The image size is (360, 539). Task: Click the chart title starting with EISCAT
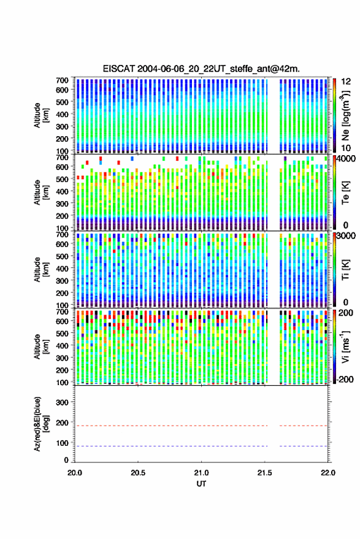[x=201, y=69]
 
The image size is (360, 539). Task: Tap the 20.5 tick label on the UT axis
[x=138, y=473]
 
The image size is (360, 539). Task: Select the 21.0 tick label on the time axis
[x=201, y=473]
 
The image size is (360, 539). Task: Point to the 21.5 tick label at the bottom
[x=264, y=473]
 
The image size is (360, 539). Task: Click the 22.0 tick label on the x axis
[x=327, y=473]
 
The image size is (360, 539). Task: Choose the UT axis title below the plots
[x=201, y=484]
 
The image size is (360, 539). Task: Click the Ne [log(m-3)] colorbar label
[x=345, y=116]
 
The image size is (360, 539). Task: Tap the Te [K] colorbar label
[x=345, y=193]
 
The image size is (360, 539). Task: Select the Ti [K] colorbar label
[x=345, y=270]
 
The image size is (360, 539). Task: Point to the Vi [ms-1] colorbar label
[x=345, y=346]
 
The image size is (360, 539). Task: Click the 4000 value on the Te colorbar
[x=347, y=159]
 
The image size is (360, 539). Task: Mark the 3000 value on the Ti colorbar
[x=347, y=236]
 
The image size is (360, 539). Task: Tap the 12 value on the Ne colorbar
[x=346, y=82]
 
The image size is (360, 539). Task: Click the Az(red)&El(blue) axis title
[x=41, y=424]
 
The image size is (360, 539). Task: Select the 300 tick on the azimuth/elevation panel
[x=62, y=402]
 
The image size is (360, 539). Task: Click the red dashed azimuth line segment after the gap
[x=303, y=426]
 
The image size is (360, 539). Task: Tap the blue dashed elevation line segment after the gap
[x=303, y=446]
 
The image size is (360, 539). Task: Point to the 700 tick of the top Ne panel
[x=62, y=80]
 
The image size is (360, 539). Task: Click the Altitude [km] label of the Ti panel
[x=41, y=270]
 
